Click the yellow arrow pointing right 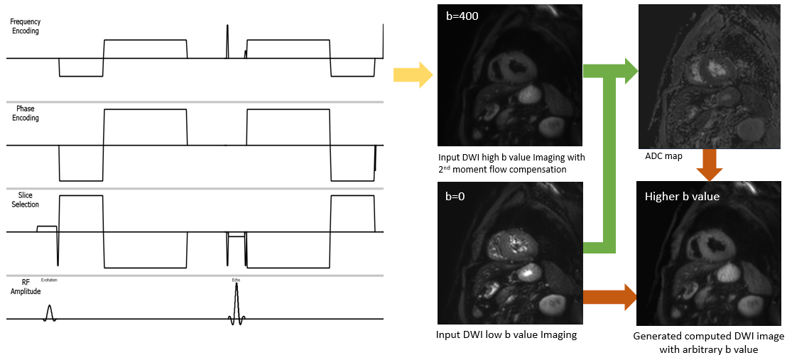[413, 74]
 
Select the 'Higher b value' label [682, 196]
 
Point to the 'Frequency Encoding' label [25, 27]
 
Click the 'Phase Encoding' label [25, 114]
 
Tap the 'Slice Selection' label [25, 200]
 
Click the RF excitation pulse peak [49, 307]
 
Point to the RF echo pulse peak [237, 286]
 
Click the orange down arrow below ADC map [710, 163]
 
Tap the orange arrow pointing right [607, 295]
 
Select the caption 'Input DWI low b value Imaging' [506, 334]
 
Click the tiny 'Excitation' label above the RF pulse [49, 280]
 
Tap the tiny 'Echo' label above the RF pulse [236, 280]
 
